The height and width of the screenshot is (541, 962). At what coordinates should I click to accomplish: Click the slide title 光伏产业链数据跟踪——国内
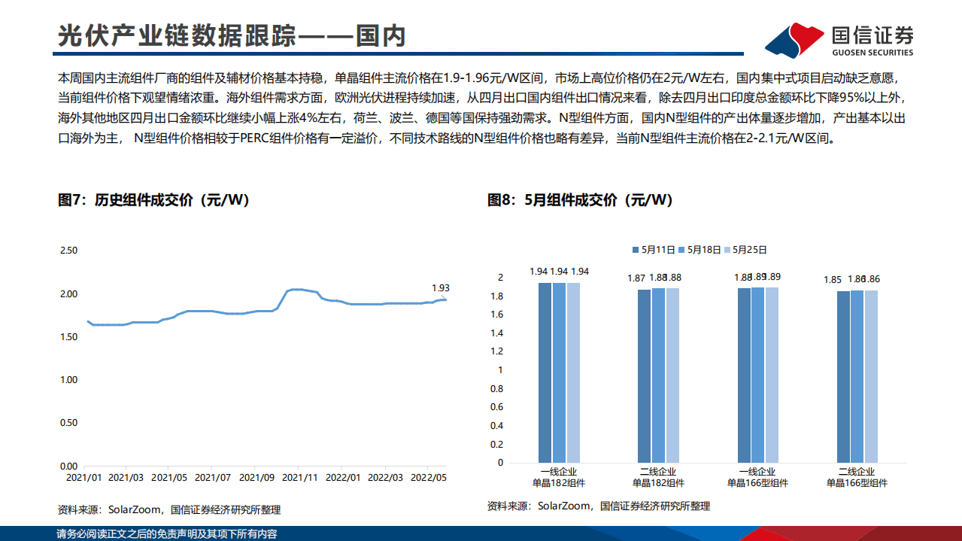point(232,36)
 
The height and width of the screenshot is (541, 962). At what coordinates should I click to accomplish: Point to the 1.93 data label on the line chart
point(441,287)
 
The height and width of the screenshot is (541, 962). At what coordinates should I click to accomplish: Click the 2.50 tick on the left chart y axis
point(68,250)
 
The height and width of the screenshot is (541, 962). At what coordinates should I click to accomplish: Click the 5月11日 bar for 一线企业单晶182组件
point(545,372)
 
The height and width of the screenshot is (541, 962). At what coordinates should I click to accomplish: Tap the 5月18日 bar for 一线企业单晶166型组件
point(757,375)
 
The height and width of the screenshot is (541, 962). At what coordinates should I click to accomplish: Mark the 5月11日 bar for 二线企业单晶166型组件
point(842,376)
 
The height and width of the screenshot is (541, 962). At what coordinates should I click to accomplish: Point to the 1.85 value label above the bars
point(833,280)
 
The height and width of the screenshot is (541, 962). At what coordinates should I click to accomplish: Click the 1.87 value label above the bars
point(636,278)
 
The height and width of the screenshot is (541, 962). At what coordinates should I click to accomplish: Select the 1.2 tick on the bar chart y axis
point(496,351)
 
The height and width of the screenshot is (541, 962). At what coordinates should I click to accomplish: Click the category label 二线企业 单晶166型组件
point(857,478)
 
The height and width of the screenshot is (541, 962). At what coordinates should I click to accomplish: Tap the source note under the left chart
point(169,509)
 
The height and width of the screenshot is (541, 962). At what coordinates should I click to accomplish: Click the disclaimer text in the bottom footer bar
point(167,533)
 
